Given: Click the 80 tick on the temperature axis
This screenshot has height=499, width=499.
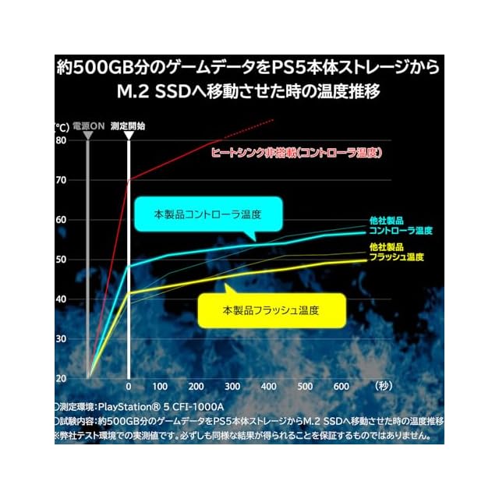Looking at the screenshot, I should [x=61, y=140].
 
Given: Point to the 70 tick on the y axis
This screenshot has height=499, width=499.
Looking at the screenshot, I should [x=61, y=180].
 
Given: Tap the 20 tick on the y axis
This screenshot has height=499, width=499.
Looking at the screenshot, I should [x=61, y=379].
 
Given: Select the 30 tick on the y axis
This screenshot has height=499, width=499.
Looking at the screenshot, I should [x=61, y=339].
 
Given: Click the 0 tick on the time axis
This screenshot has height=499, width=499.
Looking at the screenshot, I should [x=129, y=388].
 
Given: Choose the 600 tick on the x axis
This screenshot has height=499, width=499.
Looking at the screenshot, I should [x=340, y=388].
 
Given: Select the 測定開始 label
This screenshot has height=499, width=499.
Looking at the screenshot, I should [x=128, y=126].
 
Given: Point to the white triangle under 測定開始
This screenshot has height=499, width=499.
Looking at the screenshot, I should [x=129, y=136].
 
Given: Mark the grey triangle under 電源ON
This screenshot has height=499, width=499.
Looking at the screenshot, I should [x=87, y=136].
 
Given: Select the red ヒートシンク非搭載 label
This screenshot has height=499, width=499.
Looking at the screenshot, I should [x=296, y=154].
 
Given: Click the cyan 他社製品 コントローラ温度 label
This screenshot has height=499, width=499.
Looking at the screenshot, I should [x=400, y=225].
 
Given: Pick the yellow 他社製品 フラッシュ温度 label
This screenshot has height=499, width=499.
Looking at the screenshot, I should [x=396, y=252].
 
